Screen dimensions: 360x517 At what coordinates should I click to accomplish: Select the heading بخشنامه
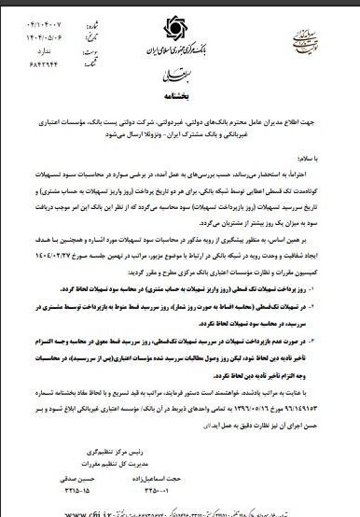(x=181, y=95)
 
